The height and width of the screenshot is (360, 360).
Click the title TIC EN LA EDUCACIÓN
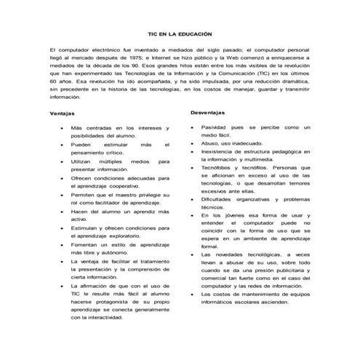(x=180, y=33)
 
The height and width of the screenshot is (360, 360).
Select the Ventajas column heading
(x=63, y=113)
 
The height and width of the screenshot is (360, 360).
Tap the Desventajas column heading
(x=212, y=113)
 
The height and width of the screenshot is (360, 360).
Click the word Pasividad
(x=217, y=127)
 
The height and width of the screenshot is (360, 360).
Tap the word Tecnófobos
(x=220, y=167)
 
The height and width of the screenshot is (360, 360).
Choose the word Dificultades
(x=220, y=199)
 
